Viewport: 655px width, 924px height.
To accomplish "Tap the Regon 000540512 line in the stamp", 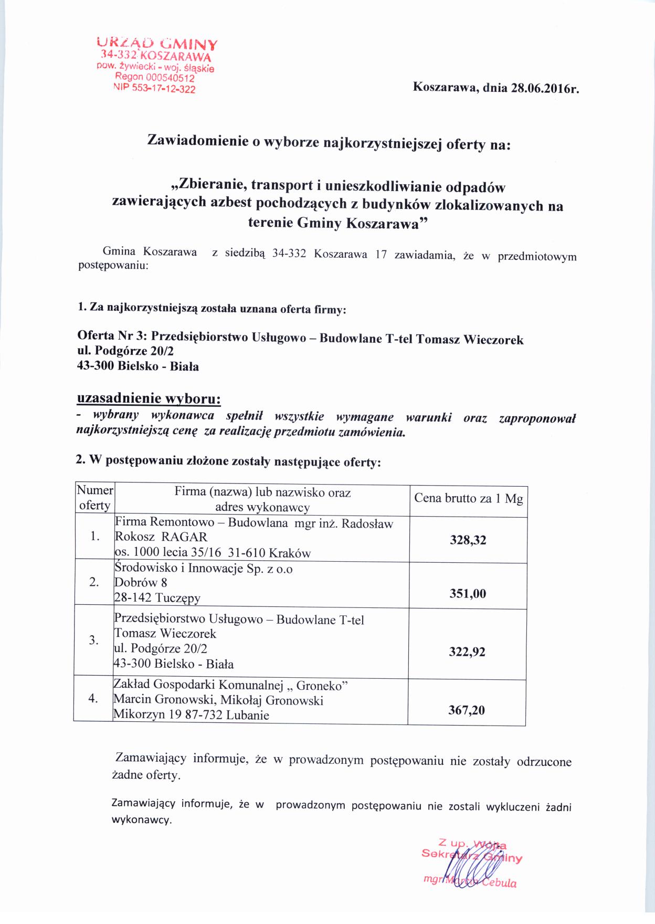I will pos(155,78).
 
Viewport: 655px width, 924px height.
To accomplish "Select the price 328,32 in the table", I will pos(468,540).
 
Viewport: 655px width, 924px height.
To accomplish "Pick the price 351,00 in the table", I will pos(468,594).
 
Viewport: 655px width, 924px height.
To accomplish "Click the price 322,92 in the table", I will pos(467,652).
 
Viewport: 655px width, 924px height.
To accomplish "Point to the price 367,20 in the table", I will pos(467,710).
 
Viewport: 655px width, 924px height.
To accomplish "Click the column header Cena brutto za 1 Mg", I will pos(468,499).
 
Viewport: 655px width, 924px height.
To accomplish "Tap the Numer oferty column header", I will pos(94,498).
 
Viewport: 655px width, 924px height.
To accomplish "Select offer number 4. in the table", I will pos(93,699).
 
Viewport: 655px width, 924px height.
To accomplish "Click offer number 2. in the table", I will pos(94,582).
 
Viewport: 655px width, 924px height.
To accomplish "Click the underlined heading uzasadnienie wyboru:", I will pos(149,398).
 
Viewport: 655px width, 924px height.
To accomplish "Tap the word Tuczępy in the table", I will pos(178,598).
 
